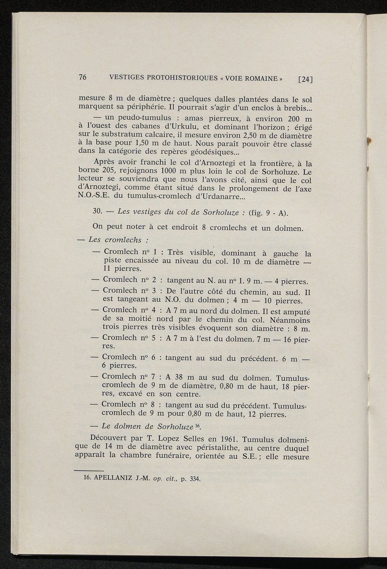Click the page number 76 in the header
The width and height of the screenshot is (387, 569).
pos(83,77)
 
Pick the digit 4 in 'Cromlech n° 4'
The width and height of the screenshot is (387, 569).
pos(154,310)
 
